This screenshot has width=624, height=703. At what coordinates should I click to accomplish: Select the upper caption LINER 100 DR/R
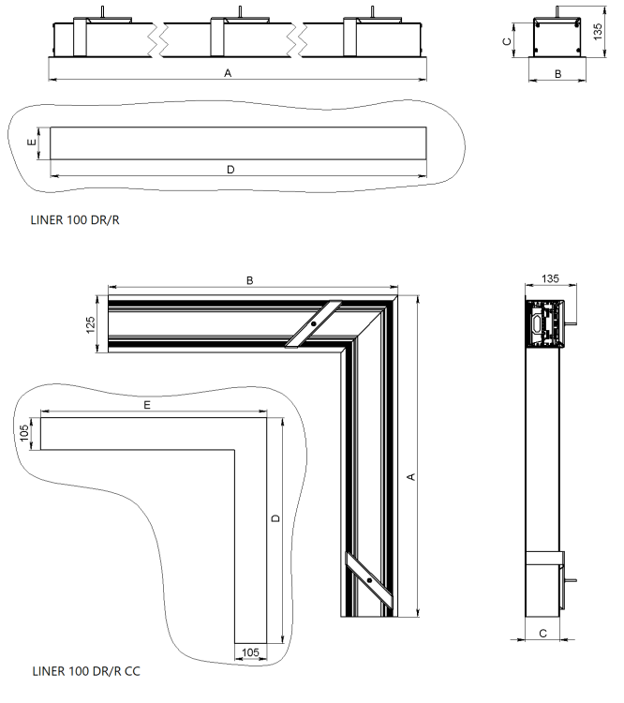coord(76,222)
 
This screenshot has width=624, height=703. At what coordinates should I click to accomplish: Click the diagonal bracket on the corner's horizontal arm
coord(317,324)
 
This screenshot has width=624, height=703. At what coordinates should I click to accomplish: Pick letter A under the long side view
coord(229,73)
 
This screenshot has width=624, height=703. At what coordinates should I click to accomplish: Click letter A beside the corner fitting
coord(411,476)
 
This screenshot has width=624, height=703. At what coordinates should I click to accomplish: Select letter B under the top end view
coord(557,73)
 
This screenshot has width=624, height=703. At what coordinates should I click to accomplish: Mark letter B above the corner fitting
coord(249,279)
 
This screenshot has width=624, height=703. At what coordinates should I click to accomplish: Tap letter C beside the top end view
coord(507,42)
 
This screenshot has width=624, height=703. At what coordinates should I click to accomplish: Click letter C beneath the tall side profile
coord(542,634)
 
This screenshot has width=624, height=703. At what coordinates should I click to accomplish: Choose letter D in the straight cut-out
coord(230,169)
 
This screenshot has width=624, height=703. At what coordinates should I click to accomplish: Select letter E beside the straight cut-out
coord(32,143)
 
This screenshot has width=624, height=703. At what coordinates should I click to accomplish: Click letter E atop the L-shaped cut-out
coord(148,405)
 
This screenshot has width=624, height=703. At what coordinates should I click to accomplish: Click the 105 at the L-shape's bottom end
coord(250,651)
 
